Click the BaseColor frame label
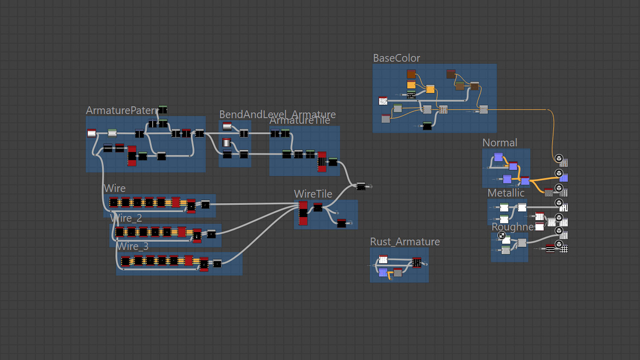coord(396,58)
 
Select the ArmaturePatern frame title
coord(122,110)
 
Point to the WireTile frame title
coord(313,194)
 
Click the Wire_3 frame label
coord(133,247)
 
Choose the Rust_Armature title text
coord(404,242)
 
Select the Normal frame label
coord(500,143)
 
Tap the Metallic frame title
coord(506,193)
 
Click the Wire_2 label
coord(126,218)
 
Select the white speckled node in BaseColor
coord(383,101)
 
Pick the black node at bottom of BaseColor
coord(427,125)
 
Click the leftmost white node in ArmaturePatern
coord(92,134)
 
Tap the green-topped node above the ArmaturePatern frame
coord(163,109)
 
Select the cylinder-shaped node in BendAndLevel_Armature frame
coord(227,142)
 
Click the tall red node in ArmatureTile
coord(322,162)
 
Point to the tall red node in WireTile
coord(303,213)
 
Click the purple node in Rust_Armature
coord(383,272)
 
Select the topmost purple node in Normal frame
coord(498,157)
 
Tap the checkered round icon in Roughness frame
coord(502,235)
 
